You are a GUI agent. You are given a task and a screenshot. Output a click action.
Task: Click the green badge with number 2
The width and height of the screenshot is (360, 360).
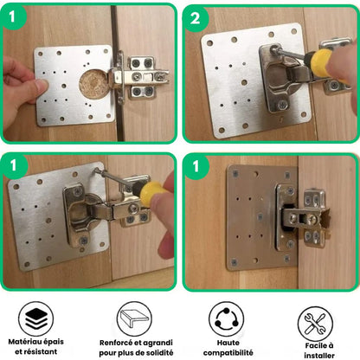pos(196,18)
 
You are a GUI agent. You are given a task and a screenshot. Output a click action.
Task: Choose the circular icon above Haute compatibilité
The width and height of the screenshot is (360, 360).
pos(226,317)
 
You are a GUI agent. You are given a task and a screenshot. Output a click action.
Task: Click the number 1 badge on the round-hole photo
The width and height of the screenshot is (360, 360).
pos(16,18)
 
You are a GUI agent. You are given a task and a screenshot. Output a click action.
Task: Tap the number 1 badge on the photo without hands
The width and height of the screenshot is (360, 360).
pos(196,167)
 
